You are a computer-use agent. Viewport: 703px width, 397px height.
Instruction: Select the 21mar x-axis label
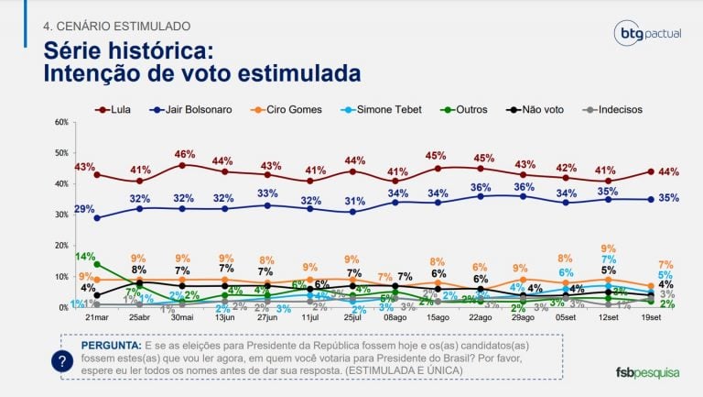96,317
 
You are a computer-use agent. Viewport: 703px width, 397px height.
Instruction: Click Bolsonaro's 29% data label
85,211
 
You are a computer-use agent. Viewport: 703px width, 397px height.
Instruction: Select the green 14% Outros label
85,257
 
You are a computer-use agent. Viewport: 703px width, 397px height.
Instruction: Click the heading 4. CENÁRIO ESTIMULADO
116,25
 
